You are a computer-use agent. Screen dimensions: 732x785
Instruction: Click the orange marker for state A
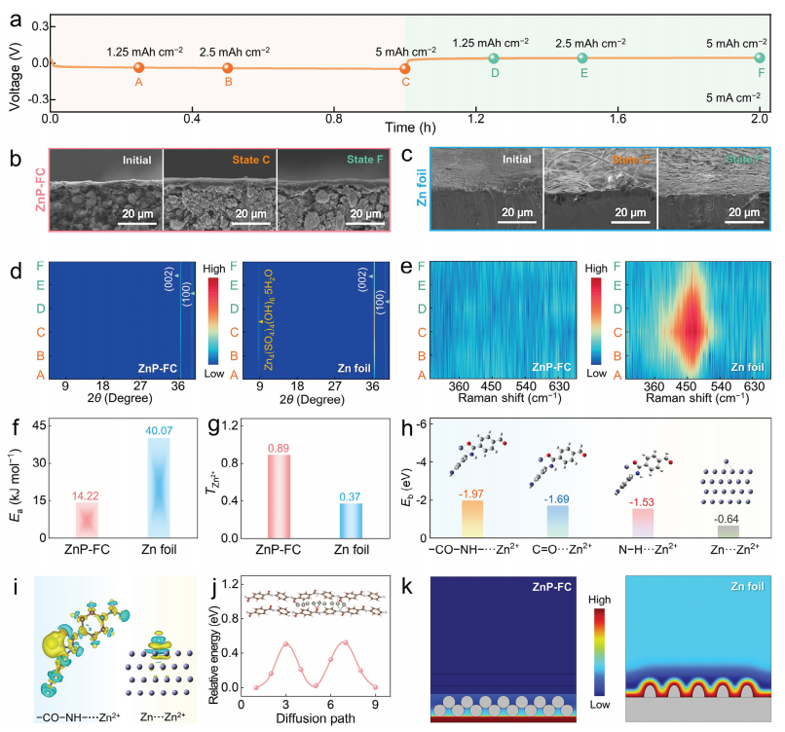click(x=138, y=67)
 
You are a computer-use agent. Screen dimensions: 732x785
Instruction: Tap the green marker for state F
click(x=760, y=58)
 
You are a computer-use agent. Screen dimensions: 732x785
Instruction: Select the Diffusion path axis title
click(x=330, y=718)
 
